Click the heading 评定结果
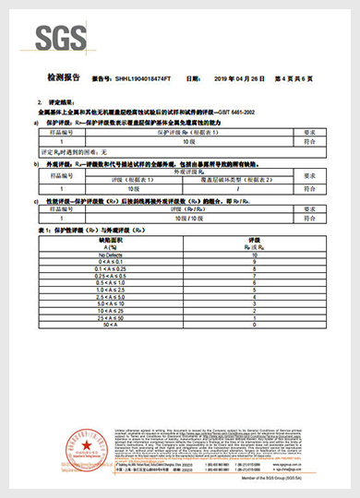click(x=61, y=102)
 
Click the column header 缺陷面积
click(x=110, y=238)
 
